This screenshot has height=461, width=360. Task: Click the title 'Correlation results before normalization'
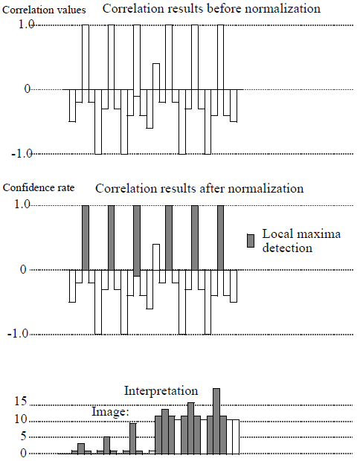tap(211, 9)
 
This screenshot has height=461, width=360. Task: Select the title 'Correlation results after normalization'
tap(199, 189)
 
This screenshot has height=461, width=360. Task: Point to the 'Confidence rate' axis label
tap(38, 189)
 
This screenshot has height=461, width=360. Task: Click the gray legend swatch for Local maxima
tap(251, 239)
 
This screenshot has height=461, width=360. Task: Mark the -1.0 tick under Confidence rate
tap(21, 334)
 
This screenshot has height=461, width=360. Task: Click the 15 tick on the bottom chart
tap(21, 402)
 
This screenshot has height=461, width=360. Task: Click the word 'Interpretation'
tap(161, 390)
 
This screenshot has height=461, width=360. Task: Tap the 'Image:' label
tap(111, 410)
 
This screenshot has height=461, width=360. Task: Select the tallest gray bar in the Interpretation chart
tap(216, 421)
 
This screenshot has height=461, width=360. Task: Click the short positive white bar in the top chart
tap(156, 76)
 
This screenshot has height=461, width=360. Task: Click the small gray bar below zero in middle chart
tap(137, 273)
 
